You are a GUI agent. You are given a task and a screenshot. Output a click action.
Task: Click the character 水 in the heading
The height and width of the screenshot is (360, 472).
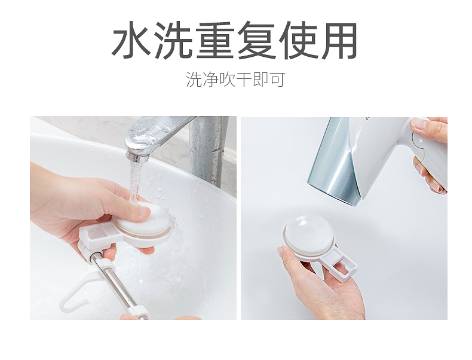click(131, 39)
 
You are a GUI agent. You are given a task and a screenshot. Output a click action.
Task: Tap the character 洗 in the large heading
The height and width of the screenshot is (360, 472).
click(174, 39)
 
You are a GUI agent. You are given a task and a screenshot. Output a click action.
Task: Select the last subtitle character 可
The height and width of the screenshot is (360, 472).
click(277, 80)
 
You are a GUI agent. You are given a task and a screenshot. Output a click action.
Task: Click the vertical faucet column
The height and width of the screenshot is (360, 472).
click(208, 151)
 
